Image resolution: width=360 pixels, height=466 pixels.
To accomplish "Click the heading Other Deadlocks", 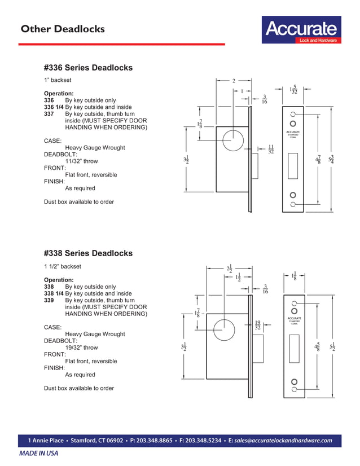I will click(62, 29).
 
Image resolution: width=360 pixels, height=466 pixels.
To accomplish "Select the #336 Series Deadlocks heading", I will click(88, 68).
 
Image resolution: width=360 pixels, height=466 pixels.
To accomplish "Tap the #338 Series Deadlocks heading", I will click(88, 253).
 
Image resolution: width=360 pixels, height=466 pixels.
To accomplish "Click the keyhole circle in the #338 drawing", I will click(224, 328).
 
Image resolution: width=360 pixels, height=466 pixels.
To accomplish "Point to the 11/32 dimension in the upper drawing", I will click(271, 149).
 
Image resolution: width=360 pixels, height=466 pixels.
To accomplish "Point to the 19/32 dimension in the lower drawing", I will click(257, 325).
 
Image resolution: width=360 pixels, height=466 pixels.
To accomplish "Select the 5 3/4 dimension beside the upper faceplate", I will click(332, 159).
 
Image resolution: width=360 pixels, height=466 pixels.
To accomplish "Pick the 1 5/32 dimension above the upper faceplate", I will click(293, 90).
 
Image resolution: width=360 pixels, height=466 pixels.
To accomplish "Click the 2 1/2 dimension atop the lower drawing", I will click(229, 270).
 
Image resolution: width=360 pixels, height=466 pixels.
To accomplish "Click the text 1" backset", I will click(58, 81).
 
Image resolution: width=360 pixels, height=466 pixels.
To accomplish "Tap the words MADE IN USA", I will click(39, 454).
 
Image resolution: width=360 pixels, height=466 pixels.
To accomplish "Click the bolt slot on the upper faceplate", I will click(293, 168).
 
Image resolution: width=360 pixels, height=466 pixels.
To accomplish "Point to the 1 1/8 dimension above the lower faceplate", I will click(294, 276).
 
